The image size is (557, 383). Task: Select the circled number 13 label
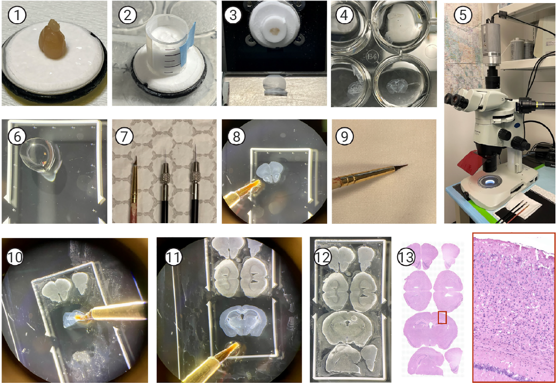click(406, 256)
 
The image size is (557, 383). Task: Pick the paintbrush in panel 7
click(134, 189)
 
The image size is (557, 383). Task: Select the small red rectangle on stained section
click(442, 318)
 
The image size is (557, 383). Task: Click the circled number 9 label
click(344, 136)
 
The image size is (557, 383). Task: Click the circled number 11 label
click(173, 257)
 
